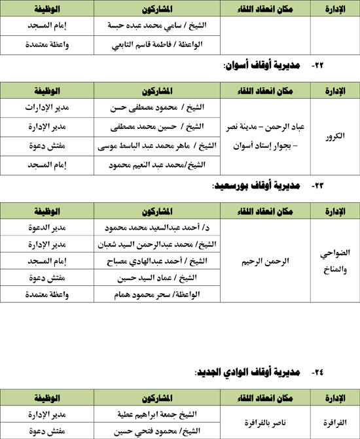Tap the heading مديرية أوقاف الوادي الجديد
(x=245, y=372)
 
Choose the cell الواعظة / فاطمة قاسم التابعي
(x=156, y=44)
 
